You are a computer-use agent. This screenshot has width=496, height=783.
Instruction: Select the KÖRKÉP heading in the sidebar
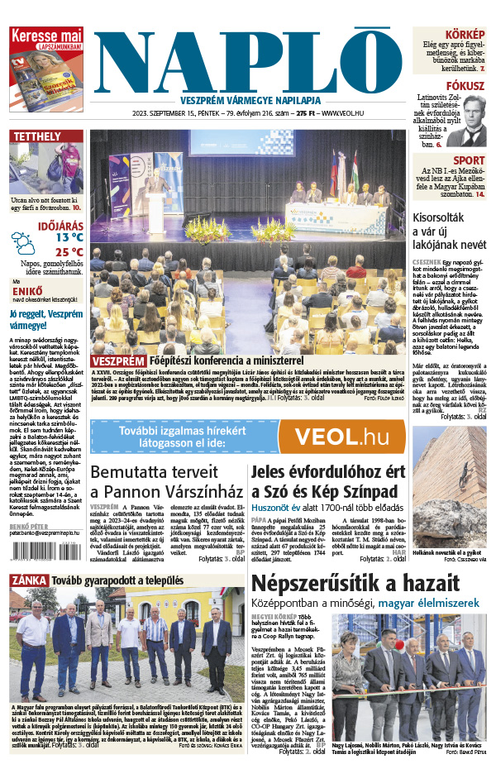(464, 35)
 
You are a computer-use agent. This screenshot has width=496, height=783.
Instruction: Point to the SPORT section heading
(469, 160)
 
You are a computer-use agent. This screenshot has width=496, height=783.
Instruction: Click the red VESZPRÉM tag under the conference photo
(117, 361)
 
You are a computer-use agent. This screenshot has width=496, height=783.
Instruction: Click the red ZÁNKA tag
(28, 580)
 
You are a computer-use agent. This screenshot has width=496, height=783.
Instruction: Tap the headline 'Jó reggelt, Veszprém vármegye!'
(45, 320)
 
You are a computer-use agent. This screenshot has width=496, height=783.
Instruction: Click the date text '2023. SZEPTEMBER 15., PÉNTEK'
(179, 113)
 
